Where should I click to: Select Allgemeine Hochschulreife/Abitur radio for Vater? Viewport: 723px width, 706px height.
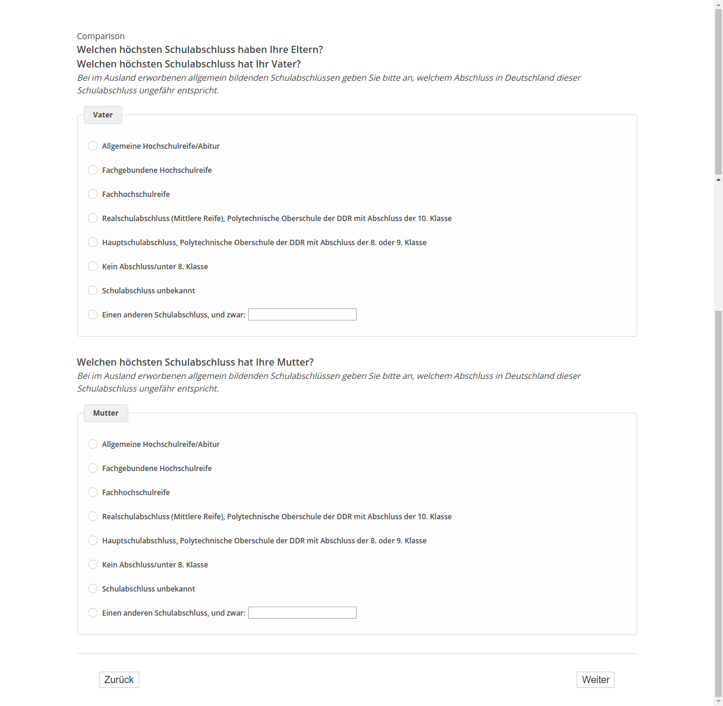click(93, 146)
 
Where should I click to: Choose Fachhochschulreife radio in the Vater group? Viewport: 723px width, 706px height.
click(93, 194)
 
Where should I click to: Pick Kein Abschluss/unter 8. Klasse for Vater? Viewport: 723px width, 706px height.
click(93, 266)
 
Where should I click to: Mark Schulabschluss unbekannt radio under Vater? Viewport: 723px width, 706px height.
click(93, 290)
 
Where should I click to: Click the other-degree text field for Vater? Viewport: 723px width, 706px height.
click(302, 314)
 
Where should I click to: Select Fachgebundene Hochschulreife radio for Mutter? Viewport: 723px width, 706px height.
click(93, 468)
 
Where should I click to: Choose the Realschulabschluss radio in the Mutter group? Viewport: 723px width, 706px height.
click(93, 516)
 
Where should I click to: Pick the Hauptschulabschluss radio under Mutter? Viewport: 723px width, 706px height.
click(93, 540)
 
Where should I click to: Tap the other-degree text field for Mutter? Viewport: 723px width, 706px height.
click(302, 613)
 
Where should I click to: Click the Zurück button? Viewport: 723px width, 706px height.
click(119, 679)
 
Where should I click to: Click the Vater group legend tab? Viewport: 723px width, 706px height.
click(103, 115)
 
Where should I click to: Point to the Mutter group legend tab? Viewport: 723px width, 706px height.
click(106, 413)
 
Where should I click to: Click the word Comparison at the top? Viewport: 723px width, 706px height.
click(101, 36)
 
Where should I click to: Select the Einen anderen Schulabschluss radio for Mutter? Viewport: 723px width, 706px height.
click(93, 613)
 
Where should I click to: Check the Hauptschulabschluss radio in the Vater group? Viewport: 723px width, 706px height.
click(93, 242)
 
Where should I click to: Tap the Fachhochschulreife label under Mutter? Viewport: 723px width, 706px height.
click(136, 492)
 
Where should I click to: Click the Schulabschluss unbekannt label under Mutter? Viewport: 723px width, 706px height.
click(148, 589)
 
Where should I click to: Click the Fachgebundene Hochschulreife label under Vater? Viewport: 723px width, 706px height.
click(157, 170)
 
